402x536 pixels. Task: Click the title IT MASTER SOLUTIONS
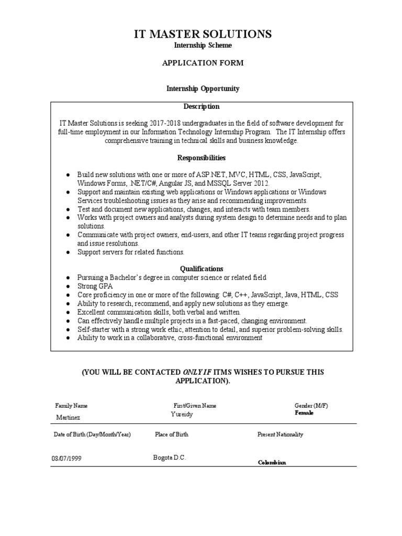point(203,35)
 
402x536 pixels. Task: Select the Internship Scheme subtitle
point(203,46)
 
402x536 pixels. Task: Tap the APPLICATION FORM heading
point(203,63)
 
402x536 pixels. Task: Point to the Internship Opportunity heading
point(203,88)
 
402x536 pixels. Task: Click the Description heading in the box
point(202,107)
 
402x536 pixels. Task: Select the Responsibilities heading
point(202,158)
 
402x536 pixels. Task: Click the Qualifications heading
point(202,269)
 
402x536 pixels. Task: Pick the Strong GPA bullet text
point(95,286)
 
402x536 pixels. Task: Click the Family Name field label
point(71,406)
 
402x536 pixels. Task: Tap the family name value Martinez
point(69,417)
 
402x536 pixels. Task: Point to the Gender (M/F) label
point(311,406)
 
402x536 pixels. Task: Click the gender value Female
point(304,413)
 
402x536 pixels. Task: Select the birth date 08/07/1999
point(66,459)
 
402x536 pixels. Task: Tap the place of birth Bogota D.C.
point(170,457)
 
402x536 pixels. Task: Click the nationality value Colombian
point(272,463)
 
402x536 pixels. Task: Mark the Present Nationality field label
point(280,434)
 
